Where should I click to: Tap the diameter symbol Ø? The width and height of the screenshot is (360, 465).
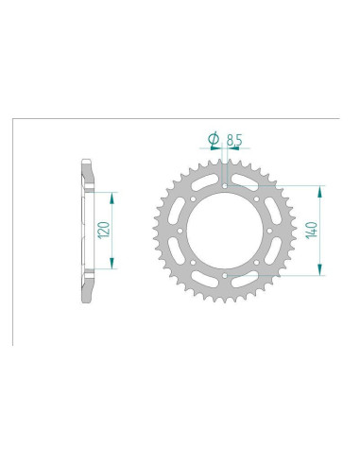pos(213,140)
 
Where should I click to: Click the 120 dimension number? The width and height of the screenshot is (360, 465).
pos(105,228)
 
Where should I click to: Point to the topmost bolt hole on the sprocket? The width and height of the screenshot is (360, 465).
pos(226,184)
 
